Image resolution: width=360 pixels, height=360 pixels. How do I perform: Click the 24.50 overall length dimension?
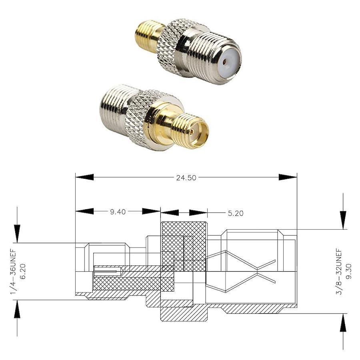pos(186,178)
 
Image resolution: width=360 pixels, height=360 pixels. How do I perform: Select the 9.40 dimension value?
pos(118,212)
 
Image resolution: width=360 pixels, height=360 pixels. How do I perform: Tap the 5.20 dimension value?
pos(236,213)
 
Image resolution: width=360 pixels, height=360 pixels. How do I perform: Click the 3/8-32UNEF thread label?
pos(339,272)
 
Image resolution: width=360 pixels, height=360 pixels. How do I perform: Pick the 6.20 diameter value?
pos(23,271)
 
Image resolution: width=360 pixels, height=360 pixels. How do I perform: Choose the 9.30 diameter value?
pos(348,271)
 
